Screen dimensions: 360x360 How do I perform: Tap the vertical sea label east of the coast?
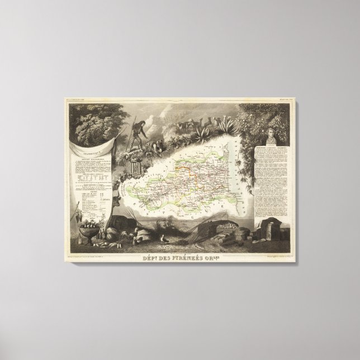tap(250, 168)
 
